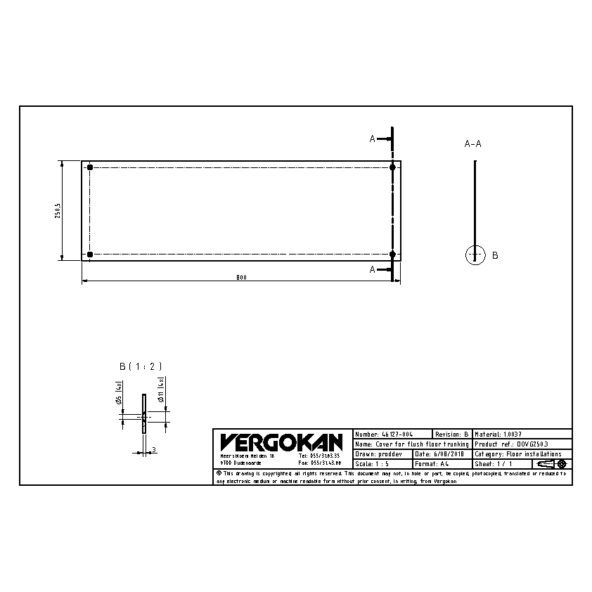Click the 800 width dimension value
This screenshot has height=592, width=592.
(241, 278)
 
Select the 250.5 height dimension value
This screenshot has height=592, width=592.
(58, 211)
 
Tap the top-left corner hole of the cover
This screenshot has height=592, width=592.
(90, 167)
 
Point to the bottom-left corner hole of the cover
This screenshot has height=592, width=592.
(90, 254)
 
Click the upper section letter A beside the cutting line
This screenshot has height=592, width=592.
(373, 139)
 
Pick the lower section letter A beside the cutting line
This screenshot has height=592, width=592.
(373, 269)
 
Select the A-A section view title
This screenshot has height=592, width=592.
(473, 143)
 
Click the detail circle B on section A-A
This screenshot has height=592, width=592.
(475, 255)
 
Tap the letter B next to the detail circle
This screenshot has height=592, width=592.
(495, 255)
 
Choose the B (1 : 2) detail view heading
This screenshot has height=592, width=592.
(141, 366)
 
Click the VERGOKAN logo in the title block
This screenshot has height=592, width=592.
(281, 442)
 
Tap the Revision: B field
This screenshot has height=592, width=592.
(451, 435)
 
